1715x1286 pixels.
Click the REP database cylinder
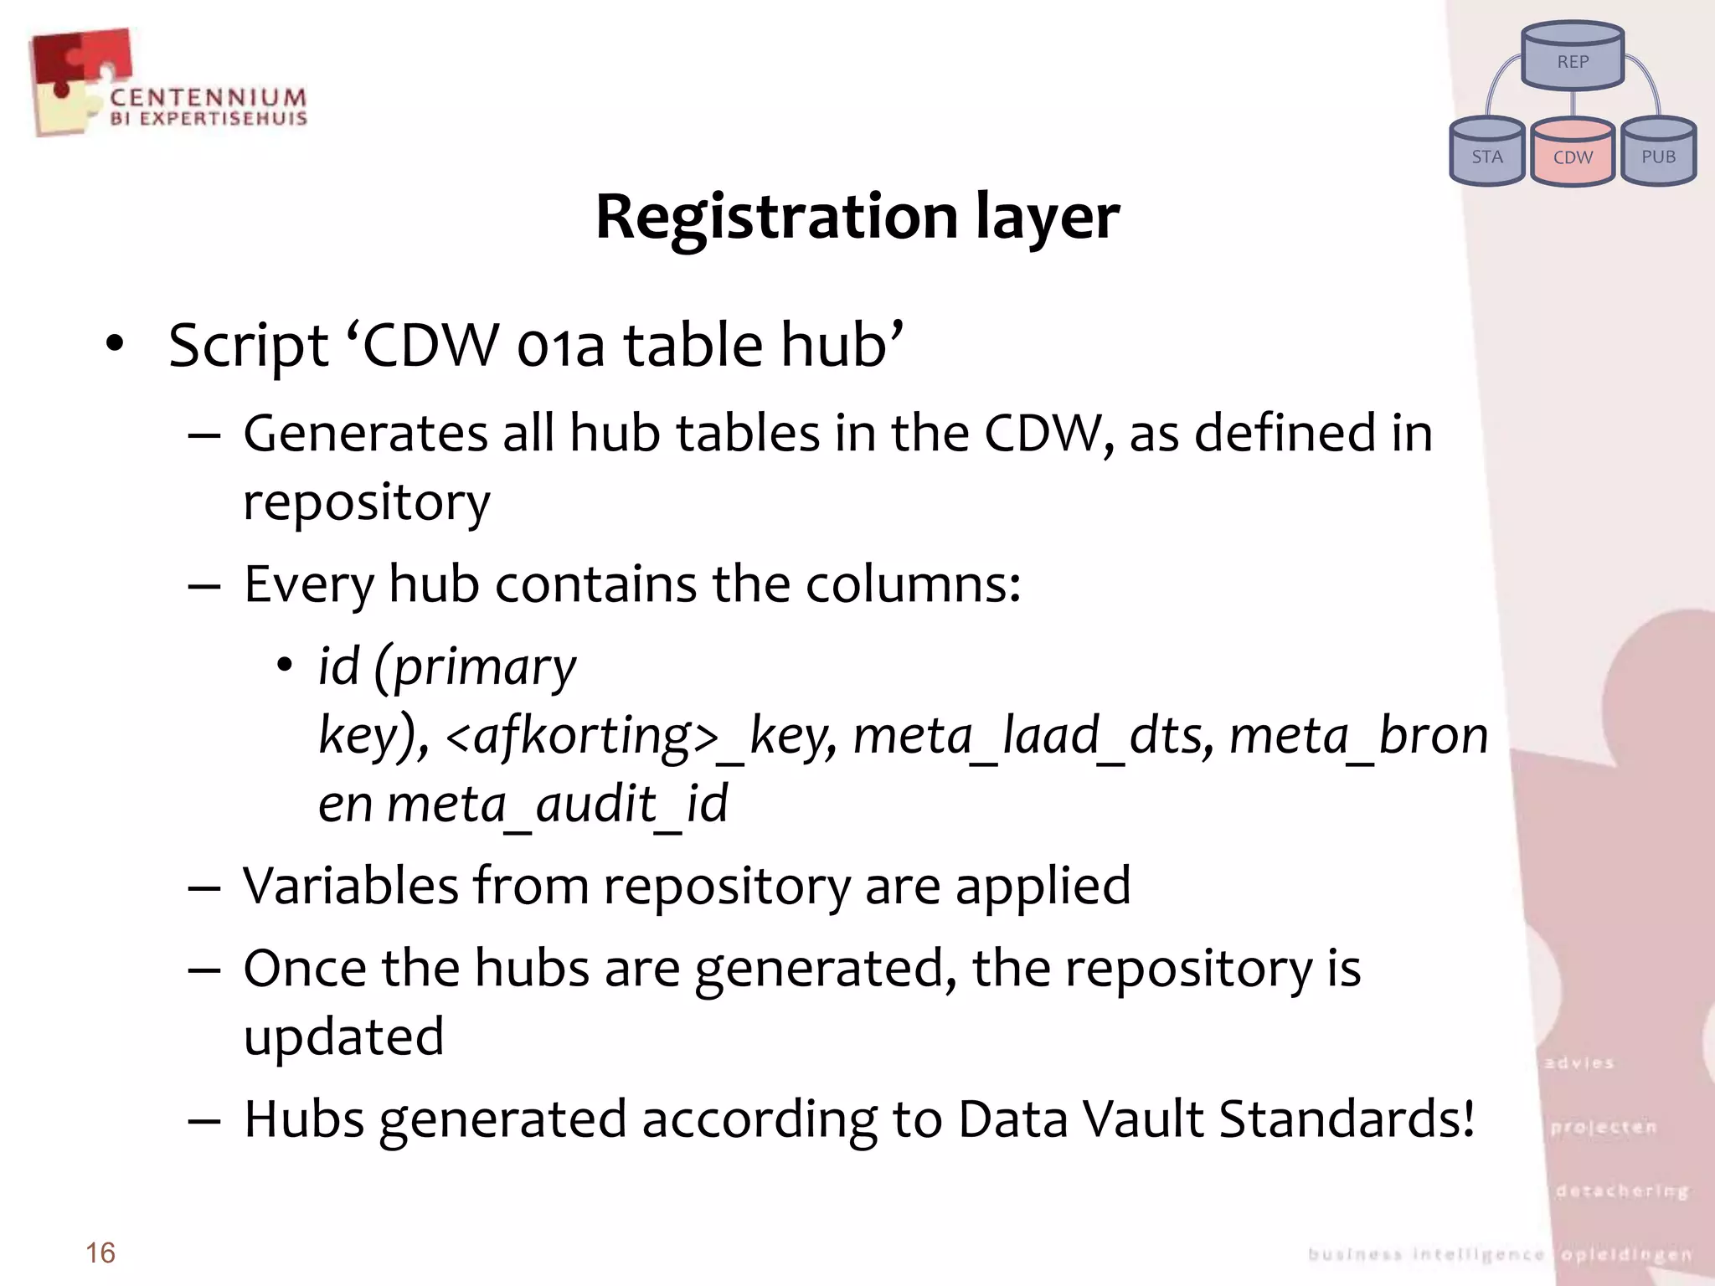[x=1573, y=56]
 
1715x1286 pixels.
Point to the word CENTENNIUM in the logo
[x=209, y=98]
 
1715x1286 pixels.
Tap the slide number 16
[x=100, y=1253]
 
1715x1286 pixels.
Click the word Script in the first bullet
[x=248, y=346]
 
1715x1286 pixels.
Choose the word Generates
[x=365, y=434]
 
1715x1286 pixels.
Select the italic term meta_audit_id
[x=557, y=804]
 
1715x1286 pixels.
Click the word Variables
[x=350, y=886]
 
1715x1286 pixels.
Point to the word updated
[x=343, y=1037]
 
